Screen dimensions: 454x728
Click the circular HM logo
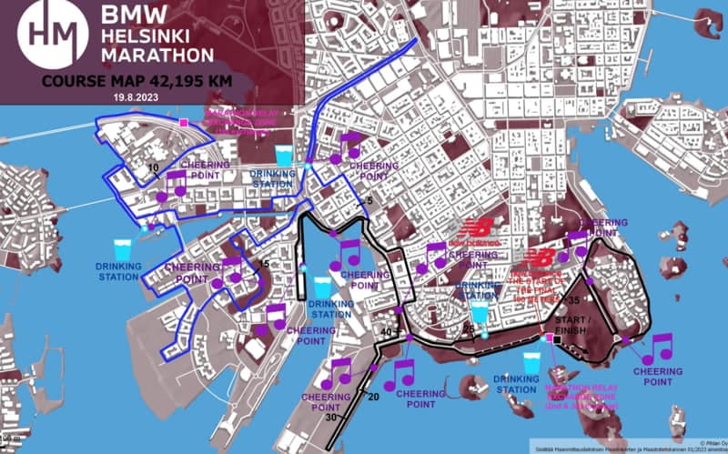click(x=53, y=35)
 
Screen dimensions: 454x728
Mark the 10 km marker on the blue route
click(x=153, y=168)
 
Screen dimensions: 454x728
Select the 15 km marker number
click(x=265, y=265)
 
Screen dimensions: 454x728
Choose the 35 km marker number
click(x=574, y=299)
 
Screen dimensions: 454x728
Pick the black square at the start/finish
click(x=552, y=339)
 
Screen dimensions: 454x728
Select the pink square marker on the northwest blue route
click(x=184, y=122)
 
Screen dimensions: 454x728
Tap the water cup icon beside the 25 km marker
click(x=480, y=311)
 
